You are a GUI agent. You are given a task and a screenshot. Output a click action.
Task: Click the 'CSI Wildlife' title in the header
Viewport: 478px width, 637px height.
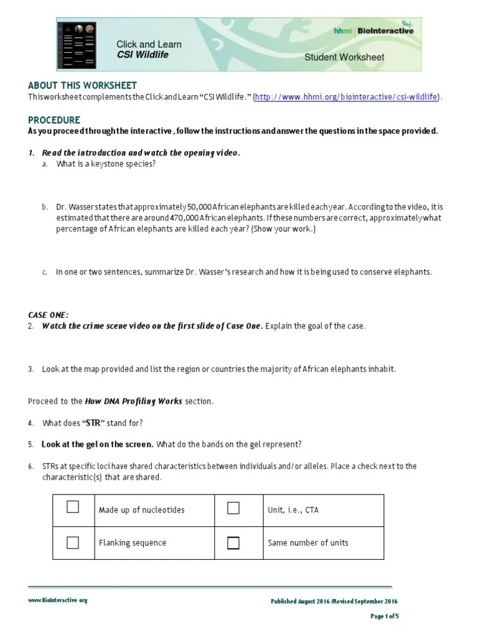(143, 55)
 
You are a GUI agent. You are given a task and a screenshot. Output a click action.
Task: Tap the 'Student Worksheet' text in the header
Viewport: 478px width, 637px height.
(344, 57)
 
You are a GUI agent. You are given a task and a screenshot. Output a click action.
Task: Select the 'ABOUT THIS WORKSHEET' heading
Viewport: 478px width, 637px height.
(82, 85)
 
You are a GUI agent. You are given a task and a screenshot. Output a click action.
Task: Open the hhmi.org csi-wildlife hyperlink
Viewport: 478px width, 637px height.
(347, 97)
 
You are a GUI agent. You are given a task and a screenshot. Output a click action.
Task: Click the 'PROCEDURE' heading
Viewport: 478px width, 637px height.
(54, 119)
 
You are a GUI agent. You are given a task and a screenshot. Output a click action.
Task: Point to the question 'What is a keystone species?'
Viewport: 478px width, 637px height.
(105, 164)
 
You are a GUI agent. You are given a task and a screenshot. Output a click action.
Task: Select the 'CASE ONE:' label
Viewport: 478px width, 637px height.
(49, 315)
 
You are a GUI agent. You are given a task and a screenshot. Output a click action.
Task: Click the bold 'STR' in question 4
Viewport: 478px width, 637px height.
(98, 423)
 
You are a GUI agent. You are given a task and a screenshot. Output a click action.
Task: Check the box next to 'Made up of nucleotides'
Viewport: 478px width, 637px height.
(73, 507)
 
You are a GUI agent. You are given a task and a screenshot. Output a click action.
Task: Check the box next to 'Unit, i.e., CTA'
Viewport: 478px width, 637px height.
(233, 508)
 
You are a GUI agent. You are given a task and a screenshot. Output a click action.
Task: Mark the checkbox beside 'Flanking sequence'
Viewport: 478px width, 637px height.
(73, 542)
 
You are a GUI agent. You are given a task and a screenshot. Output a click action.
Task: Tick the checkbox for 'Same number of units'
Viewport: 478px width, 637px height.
(233, 543)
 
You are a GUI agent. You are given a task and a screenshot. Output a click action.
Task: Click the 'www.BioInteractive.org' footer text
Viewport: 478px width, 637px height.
(57, 600)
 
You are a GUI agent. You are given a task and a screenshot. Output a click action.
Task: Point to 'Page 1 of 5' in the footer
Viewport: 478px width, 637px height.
(384, 616)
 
